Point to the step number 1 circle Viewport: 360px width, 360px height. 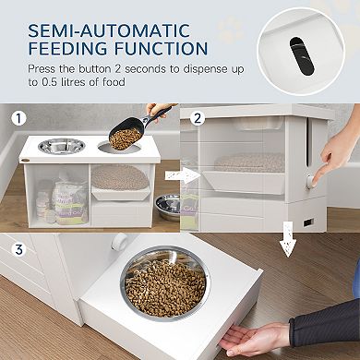[16, 118]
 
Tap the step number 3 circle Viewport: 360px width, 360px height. [16, 247]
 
